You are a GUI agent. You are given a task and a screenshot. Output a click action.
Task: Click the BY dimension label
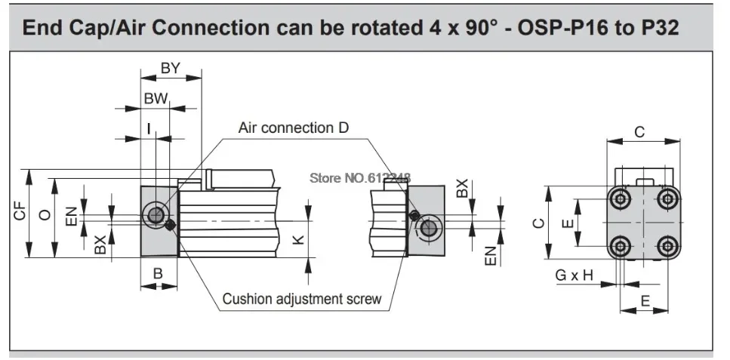(x=170, y=68)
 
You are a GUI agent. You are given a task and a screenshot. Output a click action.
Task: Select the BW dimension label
(x=156, y=99)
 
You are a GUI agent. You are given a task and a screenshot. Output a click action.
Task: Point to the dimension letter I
(x=149, y=128)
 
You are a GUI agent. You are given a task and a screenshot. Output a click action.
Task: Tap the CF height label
(x=20, y=214)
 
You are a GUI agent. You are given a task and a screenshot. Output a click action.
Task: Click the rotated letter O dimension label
(x=45, y=214)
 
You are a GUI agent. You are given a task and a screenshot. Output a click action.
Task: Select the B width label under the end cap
(x=159, y=273)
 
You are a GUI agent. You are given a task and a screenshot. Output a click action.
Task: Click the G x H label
(x=574, y=275)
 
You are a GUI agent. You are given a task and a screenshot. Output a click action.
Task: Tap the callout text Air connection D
(x=294, y=128)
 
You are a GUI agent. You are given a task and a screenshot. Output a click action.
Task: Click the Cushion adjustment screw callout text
(x=302, y=299)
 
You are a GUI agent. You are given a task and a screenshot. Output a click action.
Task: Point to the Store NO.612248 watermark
(x=360, y=177)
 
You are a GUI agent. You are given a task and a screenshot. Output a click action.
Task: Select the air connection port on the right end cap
(x=428, y=229)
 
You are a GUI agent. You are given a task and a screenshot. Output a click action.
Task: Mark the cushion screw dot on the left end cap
(x=171, y=225)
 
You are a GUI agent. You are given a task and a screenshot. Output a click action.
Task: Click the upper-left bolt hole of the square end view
(x=620, y=199)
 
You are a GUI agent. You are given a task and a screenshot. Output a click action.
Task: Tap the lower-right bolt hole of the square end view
(x=668, y=245)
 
